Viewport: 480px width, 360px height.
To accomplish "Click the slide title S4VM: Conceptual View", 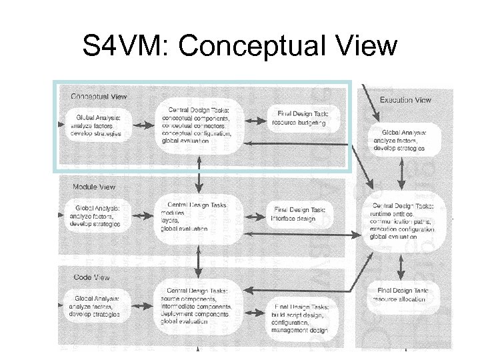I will [239, 47].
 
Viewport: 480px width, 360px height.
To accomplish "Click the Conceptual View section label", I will [99, 97].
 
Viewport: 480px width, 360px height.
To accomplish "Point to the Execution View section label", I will [405, 100].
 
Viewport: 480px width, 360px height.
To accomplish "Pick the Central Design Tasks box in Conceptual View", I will [197, 125].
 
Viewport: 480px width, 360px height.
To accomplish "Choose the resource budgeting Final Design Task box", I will [299, 119].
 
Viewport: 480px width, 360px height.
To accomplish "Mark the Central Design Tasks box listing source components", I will [197, 306].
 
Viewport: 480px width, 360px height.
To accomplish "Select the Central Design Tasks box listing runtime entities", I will [405, 221].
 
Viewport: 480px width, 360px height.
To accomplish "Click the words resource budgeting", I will [299, 123].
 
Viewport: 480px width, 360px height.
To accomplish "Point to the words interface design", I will [294, 219].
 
